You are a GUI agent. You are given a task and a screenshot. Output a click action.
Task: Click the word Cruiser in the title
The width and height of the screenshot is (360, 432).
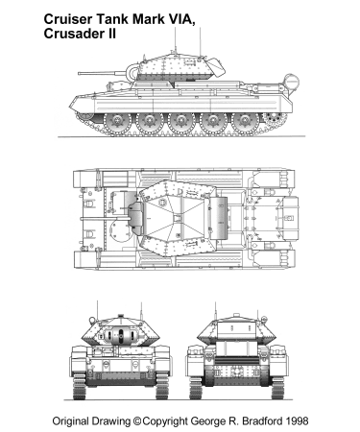tap(68, 19)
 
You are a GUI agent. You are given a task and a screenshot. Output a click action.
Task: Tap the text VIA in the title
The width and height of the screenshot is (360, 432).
tap(182, 20)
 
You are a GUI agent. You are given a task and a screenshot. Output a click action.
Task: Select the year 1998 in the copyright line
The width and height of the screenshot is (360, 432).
tap(297, 420)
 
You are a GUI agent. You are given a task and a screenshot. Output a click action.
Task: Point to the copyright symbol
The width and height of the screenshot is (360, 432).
tap(137, 420)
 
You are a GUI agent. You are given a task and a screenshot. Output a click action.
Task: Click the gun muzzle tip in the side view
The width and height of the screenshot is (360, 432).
tap(80, 74)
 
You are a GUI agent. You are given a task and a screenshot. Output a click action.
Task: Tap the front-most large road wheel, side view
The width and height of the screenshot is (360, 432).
tap(117, 121)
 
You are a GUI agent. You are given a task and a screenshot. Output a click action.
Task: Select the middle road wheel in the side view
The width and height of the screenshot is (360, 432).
tap(181, 121)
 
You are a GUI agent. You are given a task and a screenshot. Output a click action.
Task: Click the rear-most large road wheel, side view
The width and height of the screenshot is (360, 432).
tap(245, 121)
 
